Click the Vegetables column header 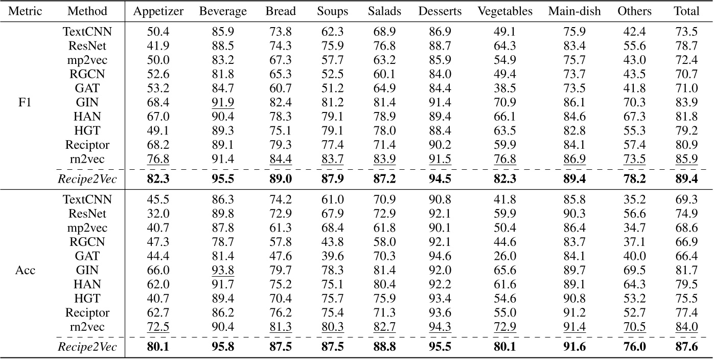point(505,11)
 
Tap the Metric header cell point(25,11)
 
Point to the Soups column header point(332,11)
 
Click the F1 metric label point(25,102)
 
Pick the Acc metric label point(25,270)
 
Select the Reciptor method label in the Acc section point(87,312)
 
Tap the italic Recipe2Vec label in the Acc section point(87,347)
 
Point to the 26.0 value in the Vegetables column point(505,256)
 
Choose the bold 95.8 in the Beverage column point(223,347)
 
